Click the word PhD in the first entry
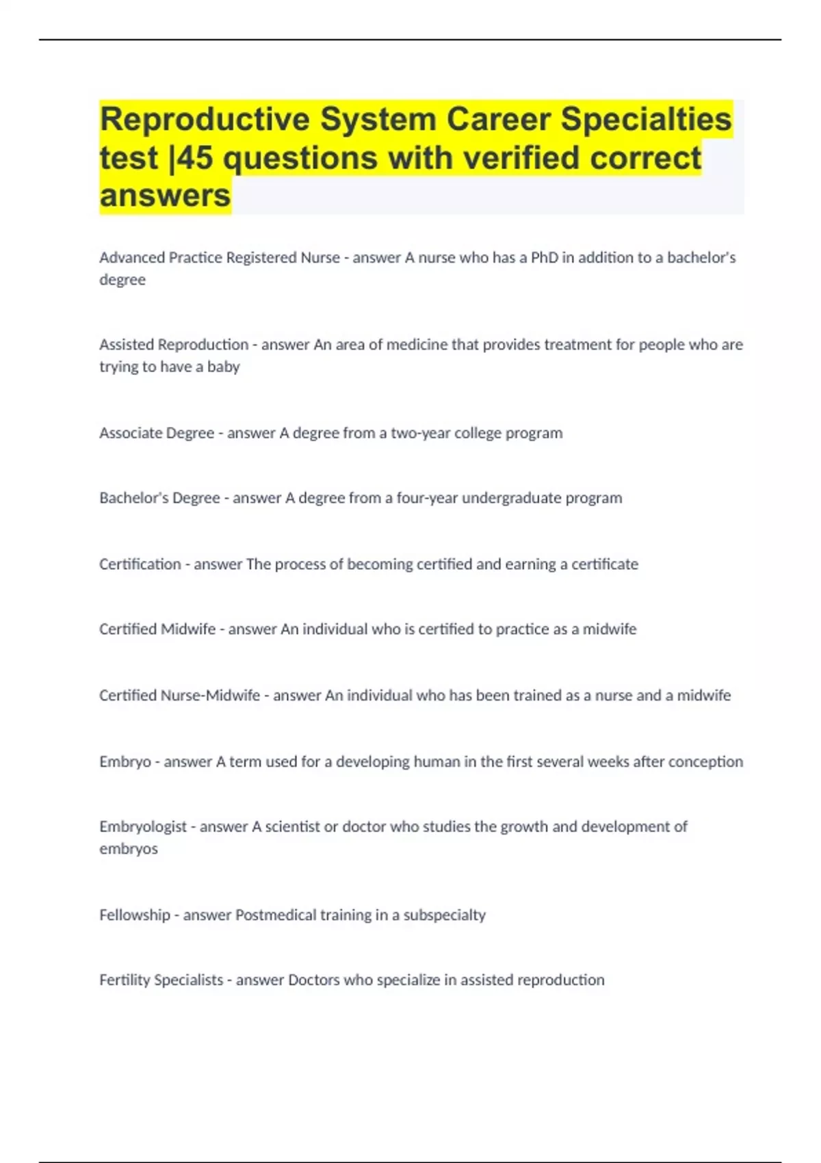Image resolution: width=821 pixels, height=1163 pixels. pyautogui.click(x=545, y=258)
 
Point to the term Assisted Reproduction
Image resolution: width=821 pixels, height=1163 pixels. pyautogui.click(x=174, y=345)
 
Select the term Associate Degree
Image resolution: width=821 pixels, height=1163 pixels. pyautogui.click(x=157, y=433)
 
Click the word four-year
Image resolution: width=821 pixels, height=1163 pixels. pyautogui.click(x=426, y=498)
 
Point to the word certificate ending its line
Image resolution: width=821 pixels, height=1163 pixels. pyautogui.click(x=605, y=564)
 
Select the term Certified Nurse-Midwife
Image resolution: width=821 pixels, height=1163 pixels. pyautogui.click(x=179, y=696)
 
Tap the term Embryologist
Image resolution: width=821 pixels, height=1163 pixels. pyautogui.click(x=143, y=826)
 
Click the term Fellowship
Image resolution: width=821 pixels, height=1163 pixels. pyautogui.click(x=135, y=915)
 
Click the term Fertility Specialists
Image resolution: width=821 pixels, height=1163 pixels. pyautogui.click(x=161, y=980)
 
